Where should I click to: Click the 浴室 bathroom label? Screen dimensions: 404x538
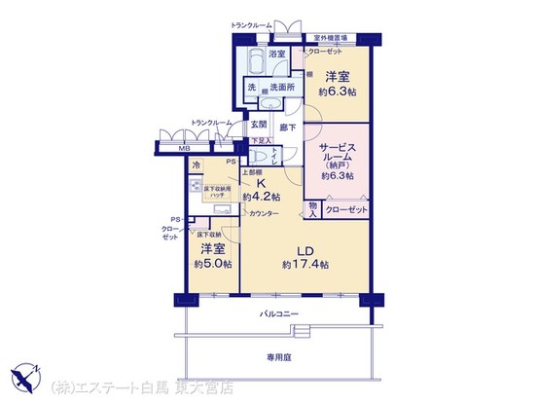pos(276,54)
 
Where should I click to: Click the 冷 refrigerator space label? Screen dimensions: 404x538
pos(197,166)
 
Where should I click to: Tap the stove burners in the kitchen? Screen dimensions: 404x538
pos(196,185)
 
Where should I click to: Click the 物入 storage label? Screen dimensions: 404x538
pos(313,206)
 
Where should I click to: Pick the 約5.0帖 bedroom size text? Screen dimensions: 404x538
pos(213,263)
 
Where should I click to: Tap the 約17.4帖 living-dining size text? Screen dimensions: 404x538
pos(305,264)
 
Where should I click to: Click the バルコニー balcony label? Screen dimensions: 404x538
pos(278,313)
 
